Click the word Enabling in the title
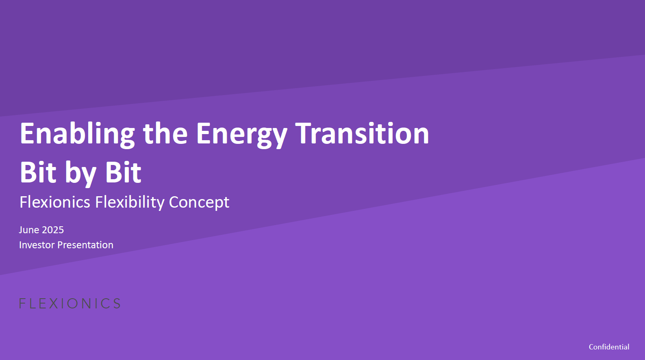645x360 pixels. pyautogui.click(x=77, y=134)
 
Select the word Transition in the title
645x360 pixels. pyautogui.click(x=362, y=133)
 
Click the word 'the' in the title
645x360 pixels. pyautogui.click(x=165, y=133)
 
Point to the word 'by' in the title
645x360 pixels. pyautogui.click(x=80, y=174)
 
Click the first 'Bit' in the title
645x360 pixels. pyautogui.click(x=38, y=172)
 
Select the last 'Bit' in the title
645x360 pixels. pyautogui.click(x=123, y=172)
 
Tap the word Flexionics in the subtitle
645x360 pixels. pyautogui.click(x=55, y=202)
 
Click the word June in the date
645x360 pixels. pyautogui.click(x=29, y=230)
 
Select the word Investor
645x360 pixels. pyautogui.click(x=37, y=245)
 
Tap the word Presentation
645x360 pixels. pyautogui.click(x=85, y=245)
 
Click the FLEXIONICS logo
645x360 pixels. pyautogui.click(x=70, y=304)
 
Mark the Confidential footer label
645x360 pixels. pyautogui.click(x=609, y=347)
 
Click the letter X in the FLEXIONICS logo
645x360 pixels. pyautogui.click(x=54, y=304)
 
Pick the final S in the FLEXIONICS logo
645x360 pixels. pyautogui.click(x=116, y=304)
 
